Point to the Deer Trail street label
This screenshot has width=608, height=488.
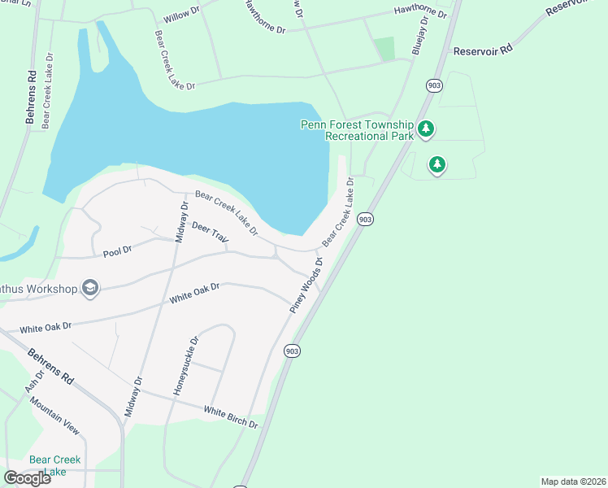coord(210,233)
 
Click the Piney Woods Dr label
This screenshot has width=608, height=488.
coord(306,285)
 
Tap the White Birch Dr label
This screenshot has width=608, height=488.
coord(231,418)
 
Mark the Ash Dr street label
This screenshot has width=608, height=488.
coord(33,380)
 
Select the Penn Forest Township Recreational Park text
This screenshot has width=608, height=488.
coord(358,130)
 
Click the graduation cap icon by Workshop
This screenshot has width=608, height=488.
coord(90,289)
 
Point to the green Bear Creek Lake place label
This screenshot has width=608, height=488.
coord(54,465)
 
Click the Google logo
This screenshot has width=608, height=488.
coord(27,478)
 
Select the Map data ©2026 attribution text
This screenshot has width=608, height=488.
coord(573,481)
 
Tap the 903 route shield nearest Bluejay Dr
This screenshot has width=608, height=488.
coord(432,84)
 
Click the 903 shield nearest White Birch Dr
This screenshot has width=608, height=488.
coord(293,351)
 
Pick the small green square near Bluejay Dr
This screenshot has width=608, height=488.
coord(384,48)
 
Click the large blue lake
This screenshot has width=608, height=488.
coord(203,138)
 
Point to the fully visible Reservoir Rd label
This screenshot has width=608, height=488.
coord(484,50)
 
